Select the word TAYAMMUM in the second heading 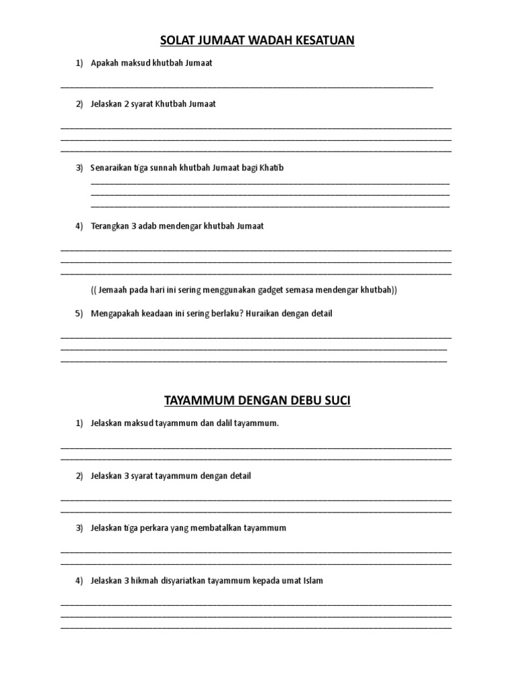click(x=198, y=401)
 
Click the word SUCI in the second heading click(x=337, y=401)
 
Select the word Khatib click(x=272, y=168)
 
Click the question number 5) click(x=79, y=313)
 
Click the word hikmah click(x=149, y=580)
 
